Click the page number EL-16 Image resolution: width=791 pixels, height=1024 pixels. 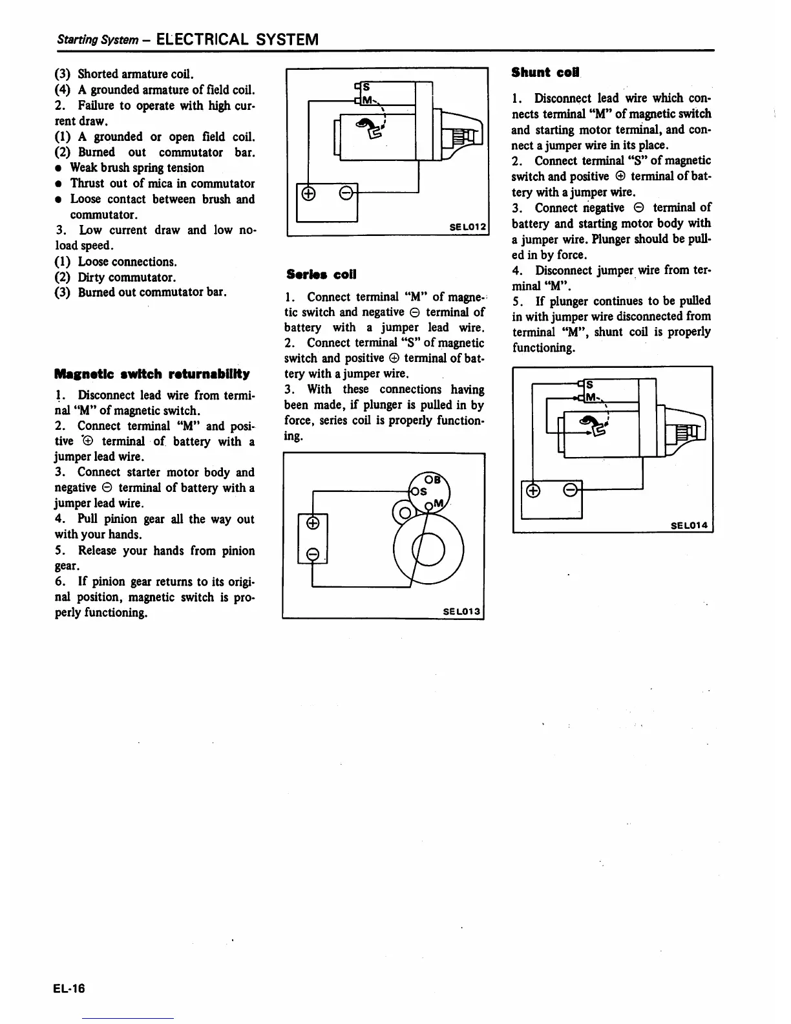tap(70, 988)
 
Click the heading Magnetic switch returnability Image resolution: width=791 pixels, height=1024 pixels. tap(152, 374)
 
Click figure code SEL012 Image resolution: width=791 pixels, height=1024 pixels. tap(467, 227)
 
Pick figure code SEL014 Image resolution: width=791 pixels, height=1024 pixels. tap(691, 525)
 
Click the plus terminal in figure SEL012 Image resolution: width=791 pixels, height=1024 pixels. tap(308, 193)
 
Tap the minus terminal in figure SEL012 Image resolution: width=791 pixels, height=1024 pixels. tap(345, 193)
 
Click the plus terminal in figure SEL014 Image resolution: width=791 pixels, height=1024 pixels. tap(533, 491)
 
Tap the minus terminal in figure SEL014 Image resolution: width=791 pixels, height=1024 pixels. tap(571, 490)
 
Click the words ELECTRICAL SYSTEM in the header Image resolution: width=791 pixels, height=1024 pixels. tap(237, 39)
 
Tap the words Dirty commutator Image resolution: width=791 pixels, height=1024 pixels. tap(127, 277)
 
